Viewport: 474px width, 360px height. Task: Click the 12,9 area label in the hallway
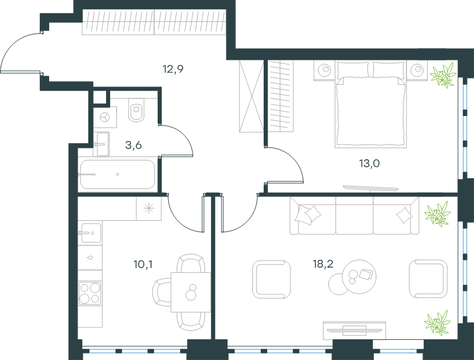click(x=173, y=69)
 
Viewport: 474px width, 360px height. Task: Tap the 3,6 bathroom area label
click(x=133, y=145)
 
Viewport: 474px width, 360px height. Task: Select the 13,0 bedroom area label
click(x=369, y=163)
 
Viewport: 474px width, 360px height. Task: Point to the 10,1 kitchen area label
click(x=143, y=265)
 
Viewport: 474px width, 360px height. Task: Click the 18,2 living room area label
click(x=323, y=264)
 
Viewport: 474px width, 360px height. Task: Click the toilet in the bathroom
click(x=136, y=110)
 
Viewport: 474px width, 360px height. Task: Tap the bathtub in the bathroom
click(x=117, y=174)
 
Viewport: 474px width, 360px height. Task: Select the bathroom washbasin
click(x=101, y=144)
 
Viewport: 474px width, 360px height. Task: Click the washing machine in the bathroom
click(x=105, y=117)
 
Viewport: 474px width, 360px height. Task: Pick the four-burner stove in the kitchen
click(x=90, y=293)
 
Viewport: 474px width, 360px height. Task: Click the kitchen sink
click(x=89, y=233)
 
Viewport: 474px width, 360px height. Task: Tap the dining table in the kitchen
click(x=191, y=292)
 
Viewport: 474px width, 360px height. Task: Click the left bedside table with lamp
click(x=324, y=70)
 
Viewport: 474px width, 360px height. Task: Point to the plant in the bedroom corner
click(x=443, y=75)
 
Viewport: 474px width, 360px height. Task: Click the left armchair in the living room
click(x=271, y=279)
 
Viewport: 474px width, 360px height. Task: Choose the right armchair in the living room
click(x=428, y=279)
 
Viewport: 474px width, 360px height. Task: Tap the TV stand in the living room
click(x=354, y=330)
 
